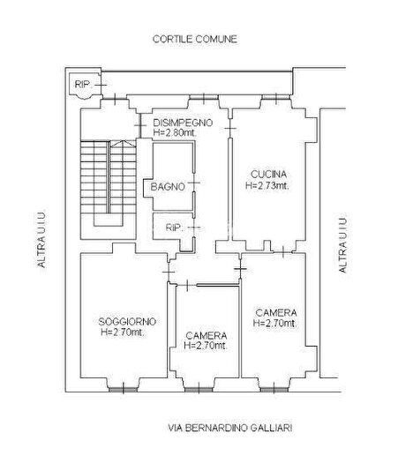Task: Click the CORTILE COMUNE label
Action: (x=195, y=39)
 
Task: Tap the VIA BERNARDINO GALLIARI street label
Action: (x=230, y=428)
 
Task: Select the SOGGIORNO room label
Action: (x=127, y=322)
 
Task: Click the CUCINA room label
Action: (x=268, y=175)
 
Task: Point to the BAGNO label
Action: (x=168, y=187)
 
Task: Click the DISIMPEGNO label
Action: (x=183, y=123)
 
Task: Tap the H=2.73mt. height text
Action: (x=267, y=185)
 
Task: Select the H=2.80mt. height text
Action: (x=175, y=132)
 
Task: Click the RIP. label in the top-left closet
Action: (x=83, y=85)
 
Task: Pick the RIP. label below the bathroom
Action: (x=175, y=228)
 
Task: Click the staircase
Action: (x=109, y=183)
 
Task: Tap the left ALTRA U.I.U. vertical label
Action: (x=41, y=239)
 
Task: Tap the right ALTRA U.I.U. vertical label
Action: (x=342, y=245)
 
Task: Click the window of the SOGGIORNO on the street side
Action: (x=124, y=390)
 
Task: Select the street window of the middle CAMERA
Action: (x=199, y=390)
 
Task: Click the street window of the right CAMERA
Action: (x=274, y=390)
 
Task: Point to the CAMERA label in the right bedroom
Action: (x=276, y=313)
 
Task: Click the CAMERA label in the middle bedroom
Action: (x=207, y=335)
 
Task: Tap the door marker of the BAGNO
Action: (x=194, y=183)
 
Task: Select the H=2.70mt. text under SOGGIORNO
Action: (x=123, y=332)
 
